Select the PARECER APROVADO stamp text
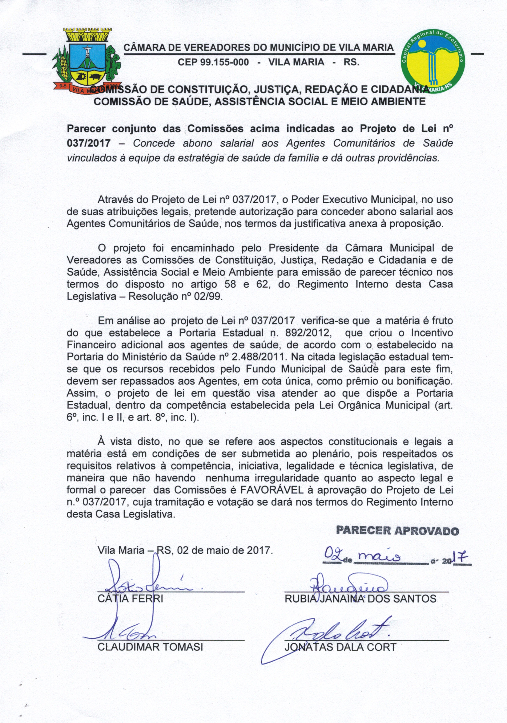pos(398,531)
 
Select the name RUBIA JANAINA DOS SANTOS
pos(361,599)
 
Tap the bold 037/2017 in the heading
pos(89,144)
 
